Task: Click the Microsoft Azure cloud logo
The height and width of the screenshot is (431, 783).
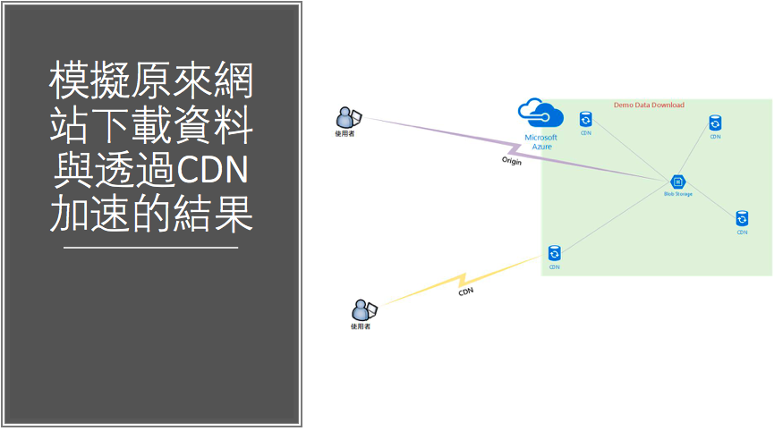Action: pyautogui.click(x=540, y=114)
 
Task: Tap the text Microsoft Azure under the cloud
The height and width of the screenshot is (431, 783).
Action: pyautogui.click(x=540, y=141)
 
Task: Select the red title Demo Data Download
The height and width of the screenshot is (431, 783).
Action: pyautogui.click(x=649, y=106)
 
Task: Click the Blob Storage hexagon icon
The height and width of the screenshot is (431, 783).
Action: pyautogui.click(x=677, y=182)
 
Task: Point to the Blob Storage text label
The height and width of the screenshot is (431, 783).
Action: pyautogui.click(x=677, y=194)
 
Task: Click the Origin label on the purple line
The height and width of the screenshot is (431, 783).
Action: pyautogui.click(x=511, y=162)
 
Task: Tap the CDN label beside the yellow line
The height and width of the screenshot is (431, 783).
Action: pyautogui.click(x=465, y=292)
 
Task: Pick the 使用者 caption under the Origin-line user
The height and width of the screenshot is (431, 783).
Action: pyautogui.click(x=345, y=134)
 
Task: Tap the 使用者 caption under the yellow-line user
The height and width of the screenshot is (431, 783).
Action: pyautogui.click(x=361, y=327)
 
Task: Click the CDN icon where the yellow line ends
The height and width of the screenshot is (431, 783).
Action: pyautogui.click(x=555, y=253)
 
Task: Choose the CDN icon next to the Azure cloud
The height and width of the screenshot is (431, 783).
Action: pyautogui.click(x=585, y=119)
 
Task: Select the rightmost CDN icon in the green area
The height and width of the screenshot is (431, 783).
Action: pyautogui.click(x=742, y=218)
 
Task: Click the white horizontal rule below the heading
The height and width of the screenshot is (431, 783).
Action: pyautogui.click(x=151, y=248)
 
